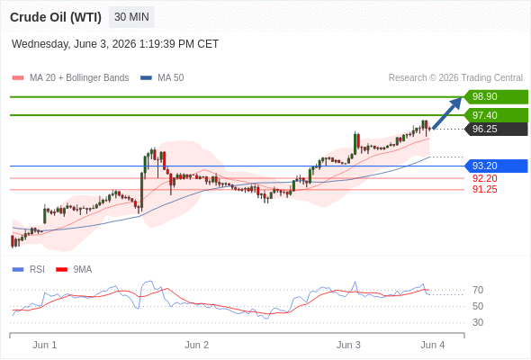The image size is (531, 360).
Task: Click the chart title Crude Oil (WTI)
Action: [56, 17]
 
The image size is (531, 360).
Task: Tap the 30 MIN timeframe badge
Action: [131, 17]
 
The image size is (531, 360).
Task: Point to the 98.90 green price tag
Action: [496, 96]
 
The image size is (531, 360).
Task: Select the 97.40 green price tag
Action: [496, 115]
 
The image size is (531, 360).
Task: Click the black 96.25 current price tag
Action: [496, 129]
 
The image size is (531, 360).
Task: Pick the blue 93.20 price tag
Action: [496, 166]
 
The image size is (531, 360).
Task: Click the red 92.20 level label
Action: [485, 178]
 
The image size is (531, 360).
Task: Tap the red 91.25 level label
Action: [485, 189]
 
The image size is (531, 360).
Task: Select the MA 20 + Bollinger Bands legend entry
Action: [70, 78]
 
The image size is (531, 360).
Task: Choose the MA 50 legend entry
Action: [162, 78]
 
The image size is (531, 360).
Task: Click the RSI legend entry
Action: [29, 270]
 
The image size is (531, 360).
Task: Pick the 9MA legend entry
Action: [74, 270]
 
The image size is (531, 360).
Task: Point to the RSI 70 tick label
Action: [478, 290]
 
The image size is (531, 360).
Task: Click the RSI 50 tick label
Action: [478, 306]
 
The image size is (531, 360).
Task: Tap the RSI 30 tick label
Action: [478, 322]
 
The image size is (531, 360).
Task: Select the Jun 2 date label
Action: [197, 345]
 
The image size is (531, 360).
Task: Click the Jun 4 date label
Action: [433, 345]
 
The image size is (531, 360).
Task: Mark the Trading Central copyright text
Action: [455, 78]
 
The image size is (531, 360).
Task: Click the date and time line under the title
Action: [115, 44]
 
